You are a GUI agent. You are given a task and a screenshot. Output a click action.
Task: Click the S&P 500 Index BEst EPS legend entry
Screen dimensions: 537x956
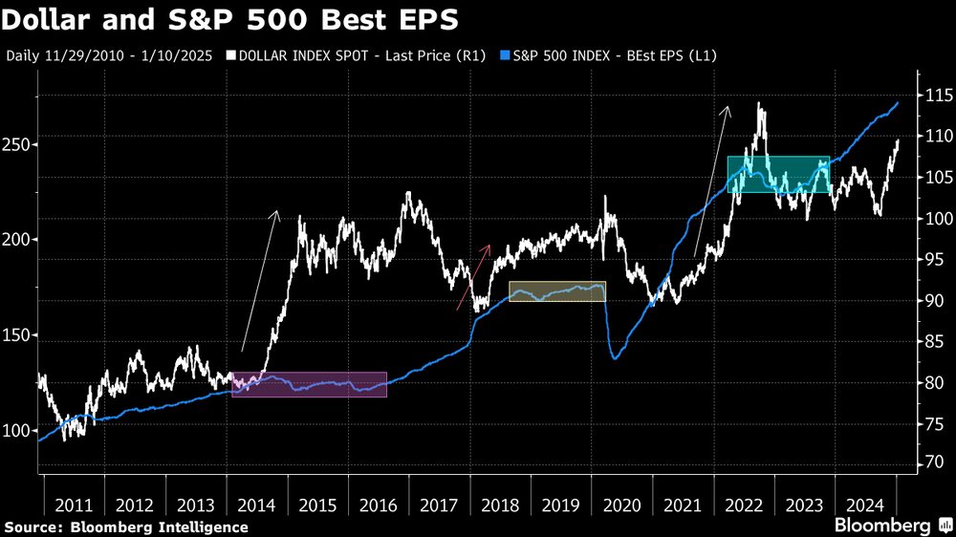click(x=606, y=55)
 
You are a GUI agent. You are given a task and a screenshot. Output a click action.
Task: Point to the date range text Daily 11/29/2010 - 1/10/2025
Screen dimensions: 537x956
click(x=111, y=55)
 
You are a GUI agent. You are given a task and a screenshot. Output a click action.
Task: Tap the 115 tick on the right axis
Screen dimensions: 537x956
click(x=936, y=96)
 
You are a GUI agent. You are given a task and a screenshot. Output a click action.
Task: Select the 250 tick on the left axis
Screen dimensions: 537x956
click(x=17, y=145)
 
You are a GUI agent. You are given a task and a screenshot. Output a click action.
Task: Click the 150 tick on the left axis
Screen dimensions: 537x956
click(x=17, y=335)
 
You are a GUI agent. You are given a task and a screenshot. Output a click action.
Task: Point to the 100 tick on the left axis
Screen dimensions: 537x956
click(x=17, y=431)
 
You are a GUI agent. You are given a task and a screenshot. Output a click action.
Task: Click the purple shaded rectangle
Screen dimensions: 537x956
click(x=309, y=384)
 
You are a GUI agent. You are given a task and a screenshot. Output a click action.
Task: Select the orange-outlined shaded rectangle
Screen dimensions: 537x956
click(x=556, y=291)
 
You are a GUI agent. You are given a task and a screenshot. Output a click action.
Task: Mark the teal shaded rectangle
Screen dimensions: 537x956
click(x=778, y=174)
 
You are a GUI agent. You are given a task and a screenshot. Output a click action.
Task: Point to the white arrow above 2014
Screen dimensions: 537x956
click(x=260, y=280)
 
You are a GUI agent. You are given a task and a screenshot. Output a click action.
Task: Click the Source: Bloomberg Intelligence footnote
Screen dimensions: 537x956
click(x=126, y=526)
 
